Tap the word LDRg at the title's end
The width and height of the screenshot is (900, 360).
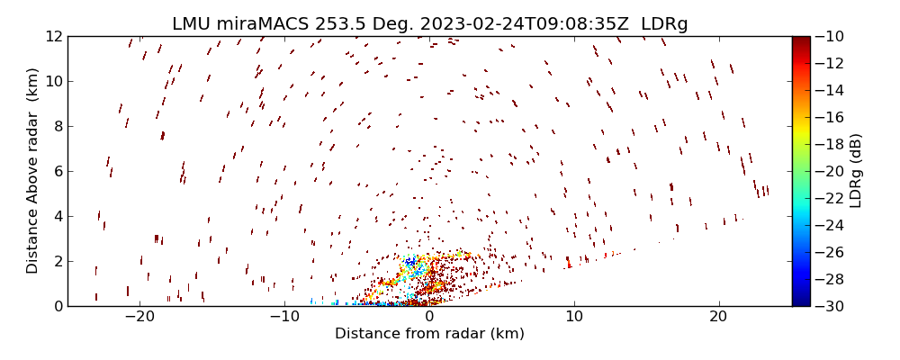664,24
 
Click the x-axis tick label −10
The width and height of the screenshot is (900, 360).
284,318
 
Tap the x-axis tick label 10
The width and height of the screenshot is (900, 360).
573,318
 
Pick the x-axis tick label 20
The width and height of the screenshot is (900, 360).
718,318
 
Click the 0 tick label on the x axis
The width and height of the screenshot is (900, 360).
429,318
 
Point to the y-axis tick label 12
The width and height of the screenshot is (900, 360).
53,36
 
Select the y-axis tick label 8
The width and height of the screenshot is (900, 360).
57,126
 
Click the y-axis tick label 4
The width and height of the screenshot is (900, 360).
57,216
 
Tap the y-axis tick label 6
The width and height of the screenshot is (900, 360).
57,171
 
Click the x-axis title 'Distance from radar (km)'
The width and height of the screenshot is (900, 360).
429,334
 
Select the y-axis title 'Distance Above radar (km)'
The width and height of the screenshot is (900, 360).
32,171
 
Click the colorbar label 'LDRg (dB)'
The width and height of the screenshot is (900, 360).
856,171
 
